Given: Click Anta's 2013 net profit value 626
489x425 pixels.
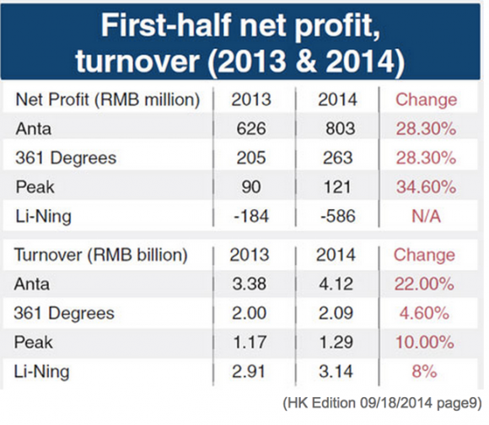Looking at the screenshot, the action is [x=251, y=128].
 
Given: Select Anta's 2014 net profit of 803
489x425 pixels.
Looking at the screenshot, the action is [x=341, y=128].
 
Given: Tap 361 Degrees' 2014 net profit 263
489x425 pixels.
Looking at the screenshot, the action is [x=338, y=158].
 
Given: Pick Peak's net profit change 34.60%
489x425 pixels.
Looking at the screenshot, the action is [x=426, y=186].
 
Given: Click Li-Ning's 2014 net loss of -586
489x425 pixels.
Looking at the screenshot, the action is [x=338, y=216].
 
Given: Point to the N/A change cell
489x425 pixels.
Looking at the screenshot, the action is [x=426, y=216].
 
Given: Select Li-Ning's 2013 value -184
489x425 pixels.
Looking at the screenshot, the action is [x=251, y=216].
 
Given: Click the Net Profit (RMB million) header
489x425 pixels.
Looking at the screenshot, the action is [x=108, y=100].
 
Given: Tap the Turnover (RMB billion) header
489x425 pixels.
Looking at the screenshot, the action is [x=100, y=255].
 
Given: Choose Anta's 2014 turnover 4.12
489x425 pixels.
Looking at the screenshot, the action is [x=336, y=283].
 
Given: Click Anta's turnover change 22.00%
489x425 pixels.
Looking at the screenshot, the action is [x=424, y=283].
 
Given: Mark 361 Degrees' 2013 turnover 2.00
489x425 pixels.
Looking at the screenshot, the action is [x=249, y=313].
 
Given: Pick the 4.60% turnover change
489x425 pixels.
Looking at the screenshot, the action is [x=424, y=313].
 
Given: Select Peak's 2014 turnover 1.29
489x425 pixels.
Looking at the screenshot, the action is [x=336, y=342].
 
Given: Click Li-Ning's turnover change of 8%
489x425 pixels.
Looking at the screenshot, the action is [x=424, y=371].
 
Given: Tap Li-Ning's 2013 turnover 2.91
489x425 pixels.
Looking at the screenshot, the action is [x=249, y=371].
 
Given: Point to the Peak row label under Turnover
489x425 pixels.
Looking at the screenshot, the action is [x=34, y=342].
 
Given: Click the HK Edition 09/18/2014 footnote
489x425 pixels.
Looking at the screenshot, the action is [x=382, y=403].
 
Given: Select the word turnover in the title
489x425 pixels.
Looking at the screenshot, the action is [x=137, y=60].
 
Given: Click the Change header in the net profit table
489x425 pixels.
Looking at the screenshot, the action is [x=426, y=100].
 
